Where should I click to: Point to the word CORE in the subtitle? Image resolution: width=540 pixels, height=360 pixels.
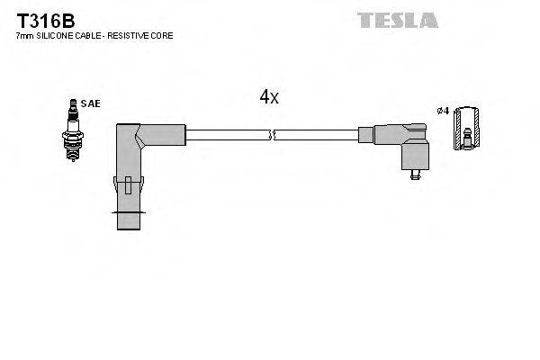coord(162,36)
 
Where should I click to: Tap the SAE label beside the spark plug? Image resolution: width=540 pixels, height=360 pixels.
coord(90,104)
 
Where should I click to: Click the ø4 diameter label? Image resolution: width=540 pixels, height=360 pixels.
coord(443,111)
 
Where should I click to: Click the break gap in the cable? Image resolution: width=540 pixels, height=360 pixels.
coord(273,135)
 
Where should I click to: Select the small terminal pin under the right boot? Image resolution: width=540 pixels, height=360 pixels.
coord(415,174)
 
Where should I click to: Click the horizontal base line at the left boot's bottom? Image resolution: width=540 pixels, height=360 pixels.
coord(130,213)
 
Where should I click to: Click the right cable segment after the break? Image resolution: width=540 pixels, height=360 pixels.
coord(315,135)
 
